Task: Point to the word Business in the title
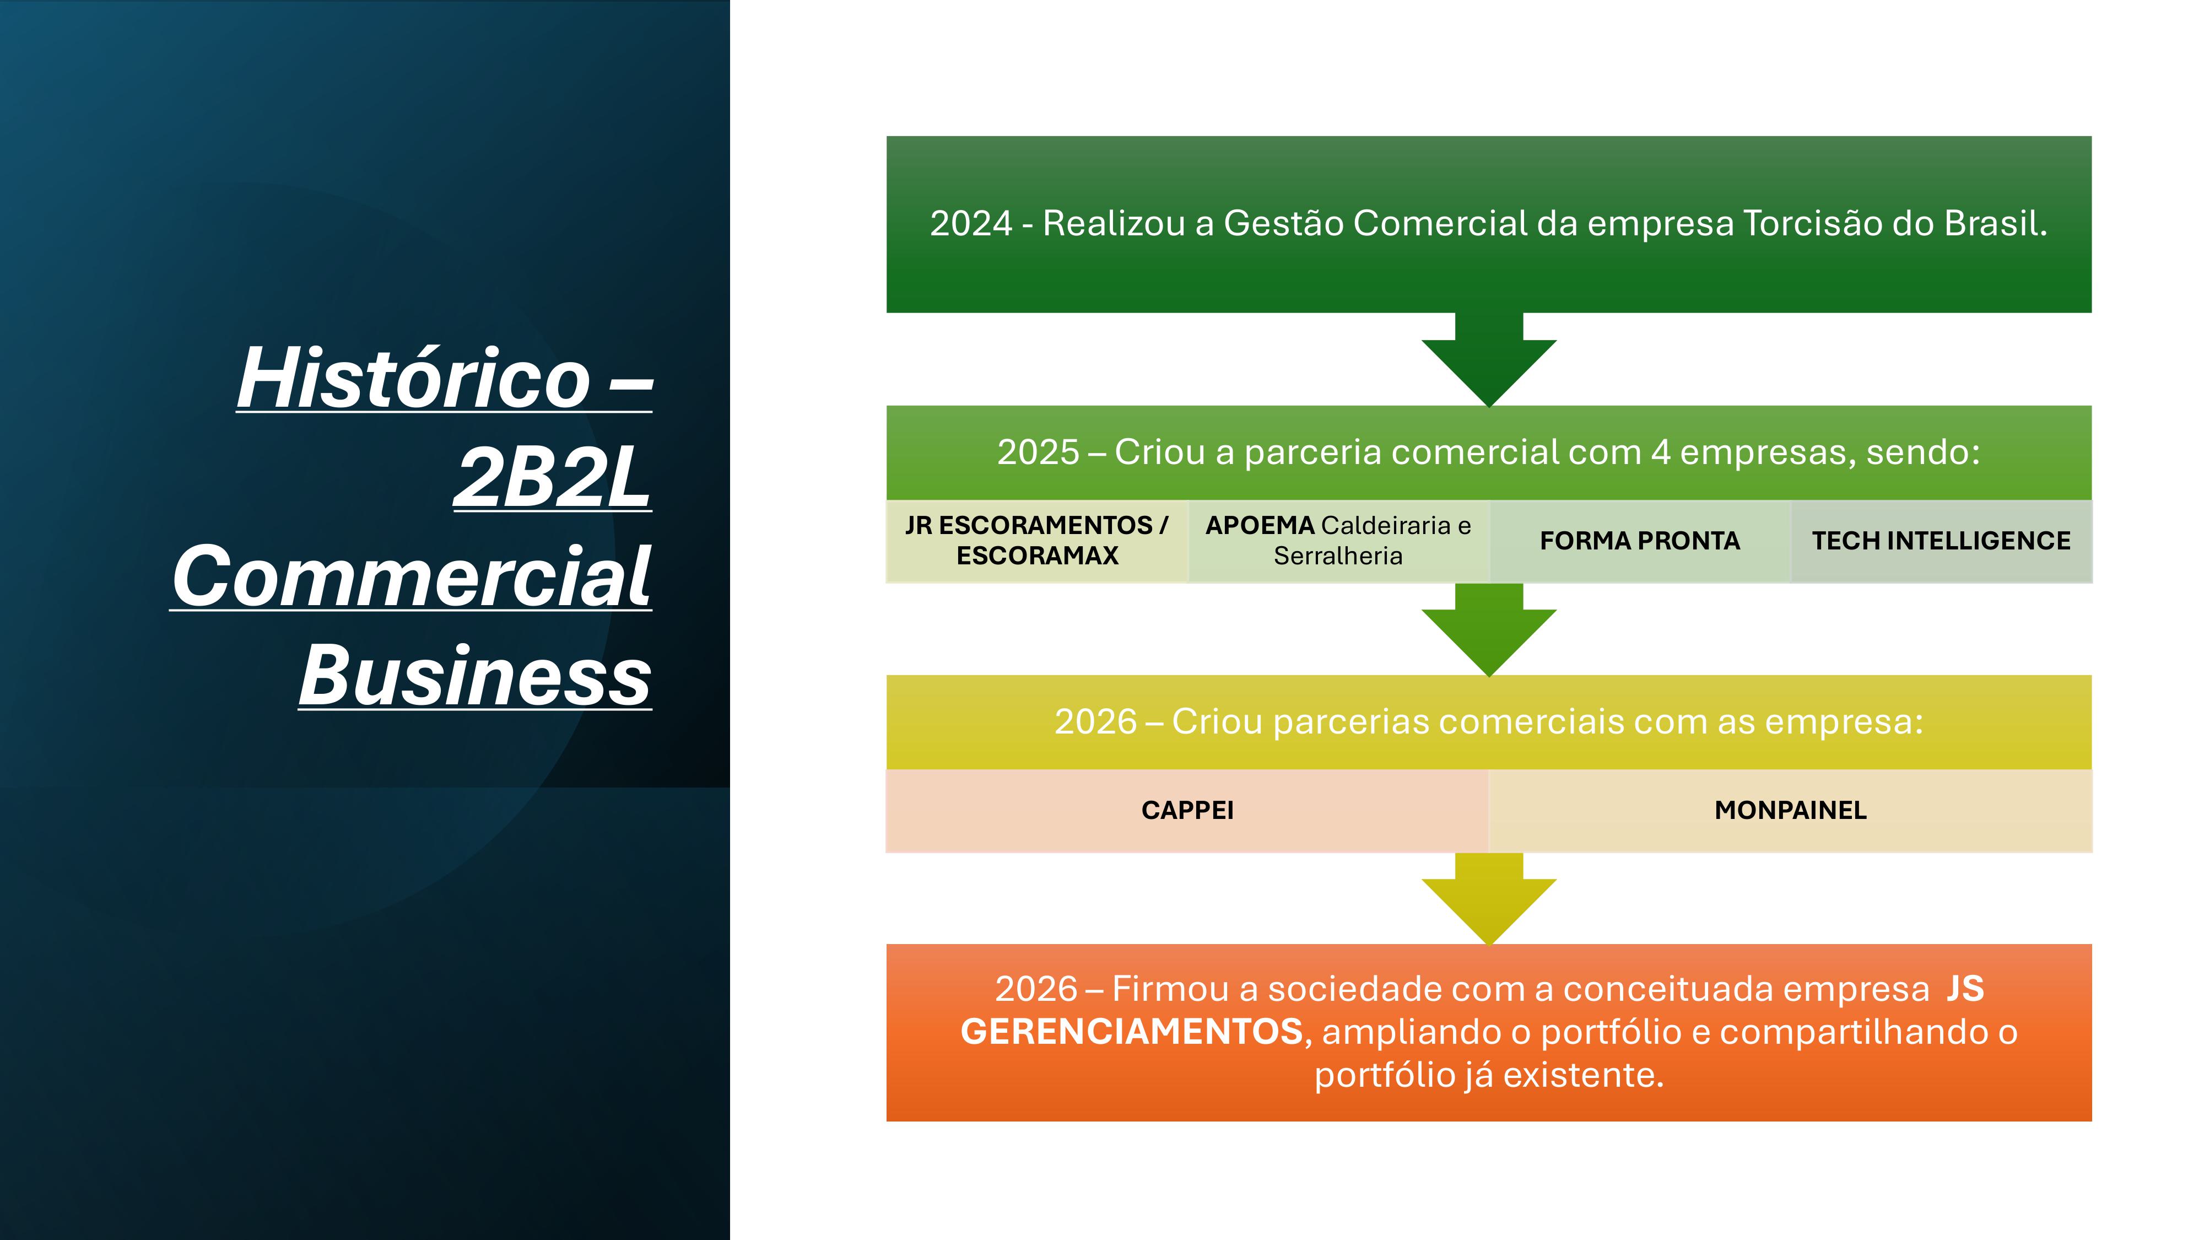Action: coord(476,676)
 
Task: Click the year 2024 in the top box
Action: coord(971,223)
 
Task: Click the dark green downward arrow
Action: coord(1489,359)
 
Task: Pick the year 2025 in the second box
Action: coord(1038,452)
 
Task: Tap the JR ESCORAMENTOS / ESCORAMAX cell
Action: coord(1037,541)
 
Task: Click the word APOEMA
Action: coord(1260,525)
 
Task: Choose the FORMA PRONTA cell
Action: coord(1639,541)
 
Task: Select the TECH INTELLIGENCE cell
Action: coord(1941,541)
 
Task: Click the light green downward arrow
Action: coord(1489,630)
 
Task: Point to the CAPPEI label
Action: coord(1187,810)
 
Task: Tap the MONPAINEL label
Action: coord(1791,810)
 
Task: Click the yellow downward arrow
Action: coord(1489,898)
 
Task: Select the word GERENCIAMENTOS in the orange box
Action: coord(1132,1032)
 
